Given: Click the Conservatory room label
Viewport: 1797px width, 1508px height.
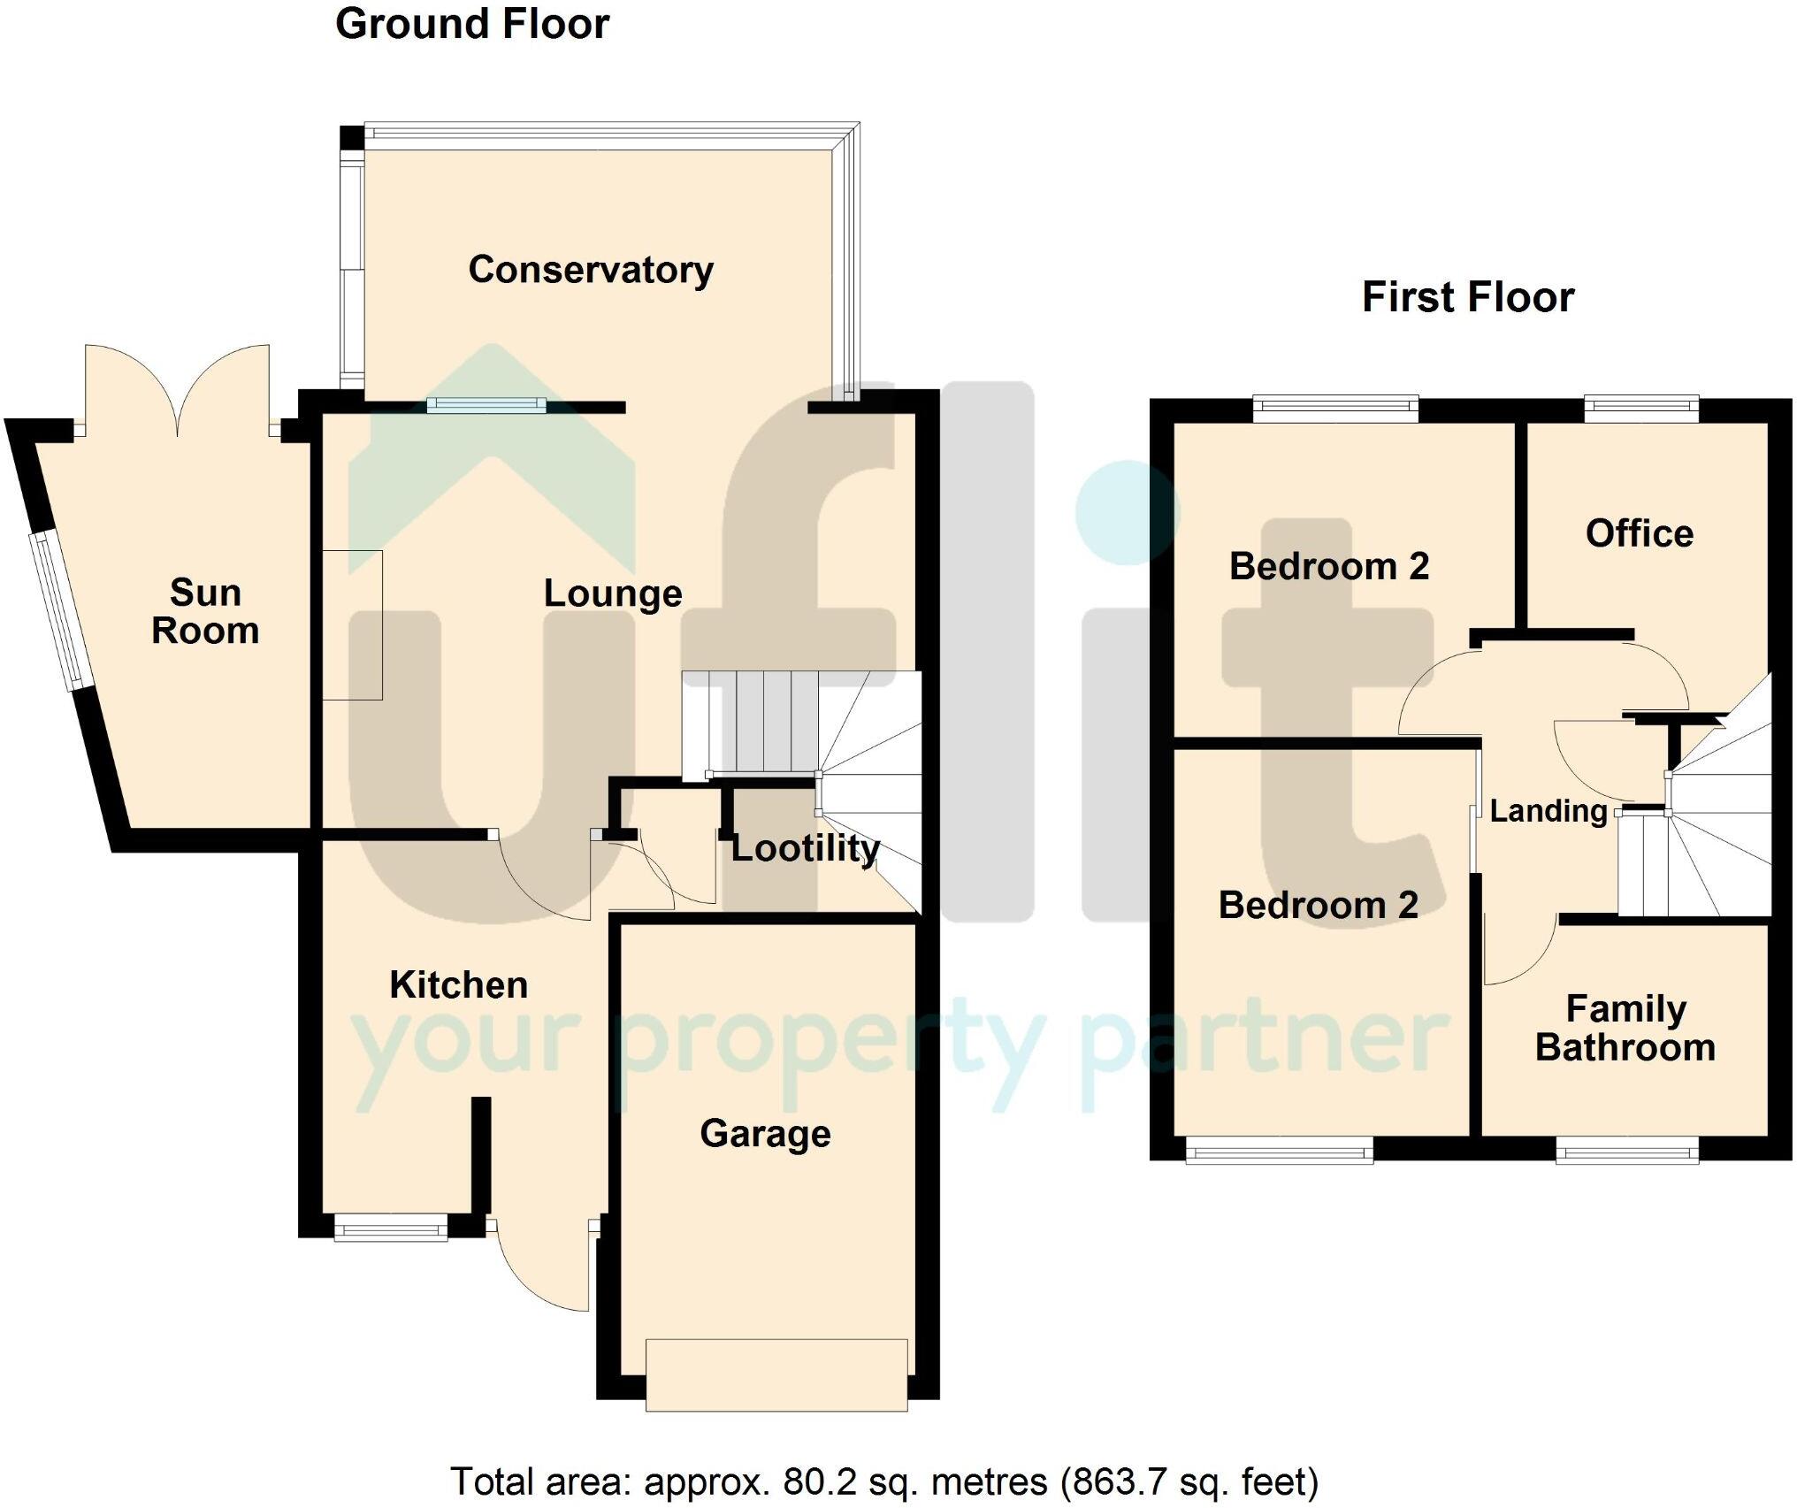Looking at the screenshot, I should pyautogui.click(x=591, y=270).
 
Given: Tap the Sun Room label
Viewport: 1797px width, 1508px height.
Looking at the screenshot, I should pyautogui.click(x=205, y=611).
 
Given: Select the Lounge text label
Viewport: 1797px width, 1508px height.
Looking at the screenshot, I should pyautogui.click(x=612, y=593).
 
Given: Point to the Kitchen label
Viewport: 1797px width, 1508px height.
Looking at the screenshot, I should pyautogui.click(x=458, y=984).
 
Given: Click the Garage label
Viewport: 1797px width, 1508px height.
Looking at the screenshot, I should pyautogui.click(x=765, y=1134).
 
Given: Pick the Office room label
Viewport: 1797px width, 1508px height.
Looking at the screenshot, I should pyautogui.click(x=1639, y=533).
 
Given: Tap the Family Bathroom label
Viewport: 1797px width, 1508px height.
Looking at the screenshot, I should pyautogui.click(x=1625, y=1028).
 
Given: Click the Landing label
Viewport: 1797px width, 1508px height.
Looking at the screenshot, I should pyautogui.click(x=1548, y=811).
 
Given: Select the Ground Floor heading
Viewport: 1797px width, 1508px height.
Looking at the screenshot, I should pyautogui.click(x=472, y=24).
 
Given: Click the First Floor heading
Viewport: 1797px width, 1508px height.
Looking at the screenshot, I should pyautogui.click(x=1468, y=297).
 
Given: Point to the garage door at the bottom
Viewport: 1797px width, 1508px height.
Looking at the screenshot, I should pyautogui.click(x=776, y=1375).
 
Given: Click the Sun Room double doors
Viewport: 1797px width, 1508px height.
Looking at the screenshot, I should pyautogui.click(x=178, y=389).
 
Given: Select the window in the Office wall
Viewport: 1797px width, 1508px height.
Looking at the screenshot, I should pyautogui.click(x=1641, y=408).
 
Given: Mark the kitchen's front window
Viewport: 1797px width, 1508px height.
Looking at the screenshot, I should pyautogui.click(x=390, y=1228).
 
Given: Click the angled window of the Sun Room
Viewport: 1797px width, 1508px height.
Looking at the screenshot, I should pyautogui.click(x=57, y=610).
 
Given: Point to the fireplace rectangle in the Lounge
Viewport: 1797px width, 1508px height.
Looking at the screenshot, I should pyautogui.click(x=352, y=625).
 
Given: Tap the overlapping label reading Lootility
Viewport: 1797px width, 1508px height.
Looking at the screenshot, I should pyautogui.click(x=805, y=848).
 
